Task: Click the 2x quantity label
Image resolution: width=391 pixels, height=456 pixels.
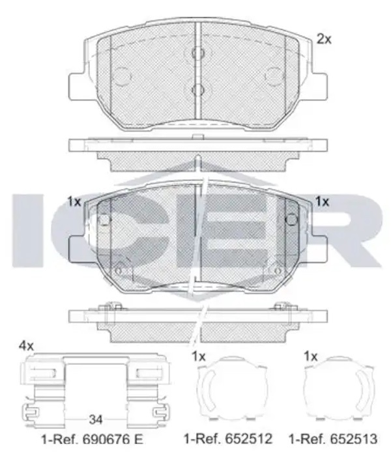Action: point(324,39)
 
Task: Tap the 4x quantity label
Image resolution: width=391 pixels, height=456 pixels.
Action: point(26,346)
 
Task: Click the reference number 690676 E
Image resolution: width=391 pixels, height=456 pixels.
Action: point(113,439)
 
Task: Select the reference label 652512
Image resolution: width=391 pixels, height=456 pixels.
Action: point(248,438)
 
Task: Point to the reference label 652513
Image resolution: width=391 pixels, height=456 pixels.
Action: point(353,438)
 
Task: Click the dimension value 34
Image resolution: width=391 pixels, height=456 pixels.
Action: point(96,420)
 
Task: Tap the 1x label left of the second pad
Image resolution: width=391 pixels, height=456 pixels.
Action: point(74,201)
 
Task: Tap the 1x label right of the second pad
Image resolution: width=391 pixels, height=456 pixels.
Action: point(323,201)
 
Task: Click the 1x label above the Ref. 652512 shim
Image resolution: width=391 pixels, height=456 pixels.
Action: point(199,356)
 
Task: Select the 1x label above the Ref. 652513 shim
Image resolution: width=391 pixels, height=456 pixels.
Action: point(311,356)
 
